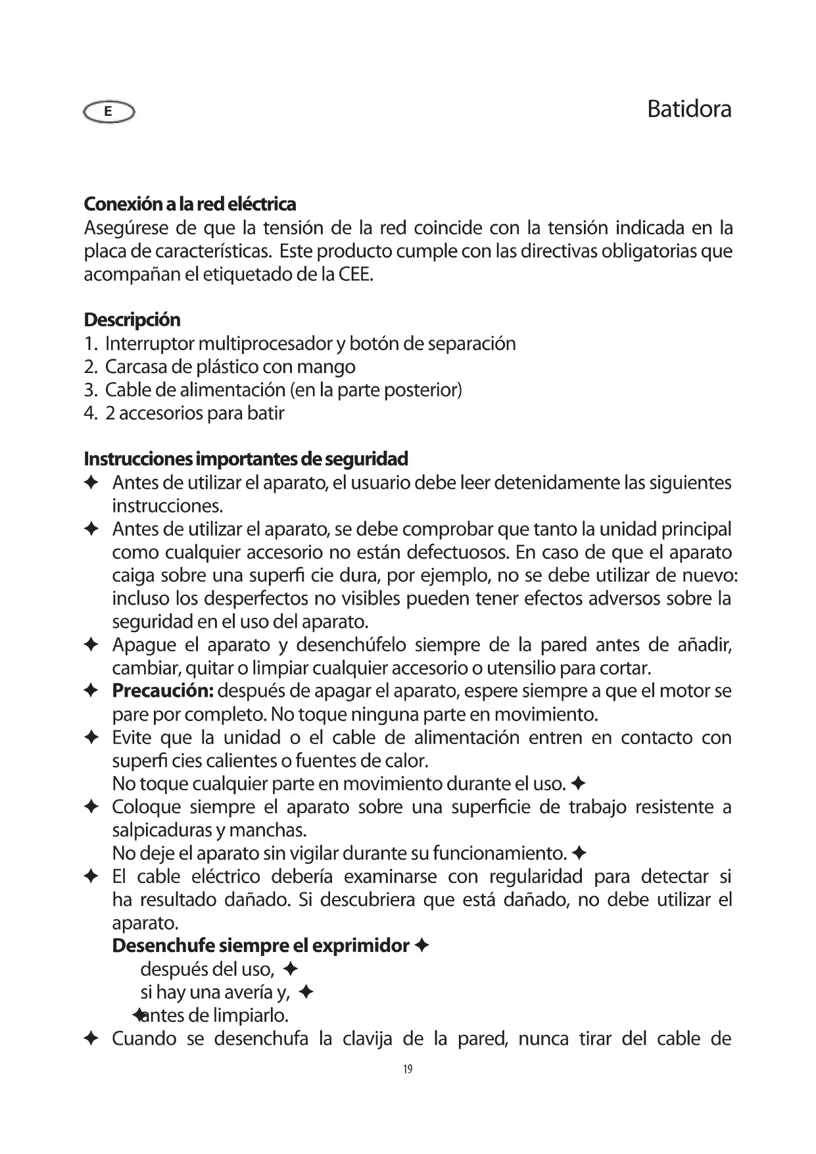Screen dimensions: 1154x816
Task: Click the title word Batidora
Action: pyautogui.click(x=688, y=109)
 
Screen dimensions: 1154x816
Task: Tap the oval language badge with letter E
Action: pyautogui.click(x=108, y=113)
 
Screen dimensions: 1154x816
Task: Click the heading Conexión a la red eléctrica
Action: pyautogui.click(x=190, y=204)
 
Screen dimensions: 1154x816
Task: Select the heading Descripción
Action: pyautogui.click(x=132, y=320)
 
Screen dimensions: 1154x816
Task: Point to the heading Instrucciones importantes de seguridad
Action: pyautogui.click(x=246, y=458)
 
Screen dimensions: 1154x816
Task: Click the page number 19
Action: pyautogui.click(x=408, y=1069)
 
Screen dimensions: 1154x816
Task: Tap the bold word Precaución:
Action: pyautogui.click(x=162, y=691)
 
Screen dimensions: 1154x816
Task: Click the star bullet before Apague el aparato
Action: pyautogui.click(x=91, y=645)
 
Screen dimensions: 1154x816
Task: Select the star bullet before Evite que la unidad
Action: pyautogui.click(x=91, y=738)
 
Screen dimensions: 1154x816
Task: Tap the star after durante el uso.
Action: pyautogui.click(x=579, y=784)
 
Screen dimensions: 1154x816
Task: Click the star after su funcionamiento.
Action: pyautogui.click(x=579, y=853)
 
